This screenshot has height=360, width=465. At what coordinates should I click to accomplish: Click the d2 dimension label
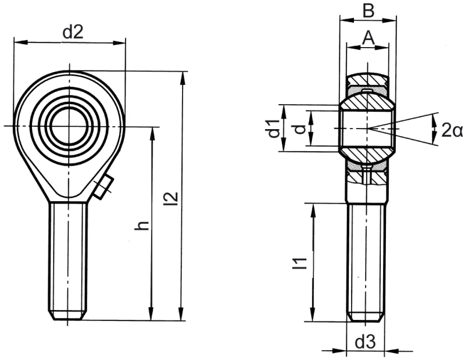(73, 33)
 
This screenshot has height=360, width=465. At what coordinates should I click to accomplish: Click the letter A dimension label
(367, 38)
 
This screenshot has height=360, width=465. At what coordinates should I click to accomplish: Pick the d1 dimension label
(272, 129)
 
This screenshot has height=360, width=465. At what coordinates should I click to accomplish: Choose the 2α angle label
(451, 130)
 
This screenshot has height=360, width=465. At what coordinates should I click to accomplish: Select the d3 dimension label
(365, 343)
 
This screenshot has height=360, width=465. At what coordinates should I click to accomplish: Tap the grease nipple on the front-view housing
(103, 188)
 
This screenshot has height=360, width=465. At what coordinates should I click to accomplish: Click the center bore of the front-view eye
(69, 126)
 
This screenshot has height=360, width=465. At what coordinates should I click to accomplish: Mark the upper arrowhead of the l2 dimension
(184, 77)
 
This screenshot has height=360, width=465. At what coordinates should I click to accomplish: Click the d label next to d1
(299, 129)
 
